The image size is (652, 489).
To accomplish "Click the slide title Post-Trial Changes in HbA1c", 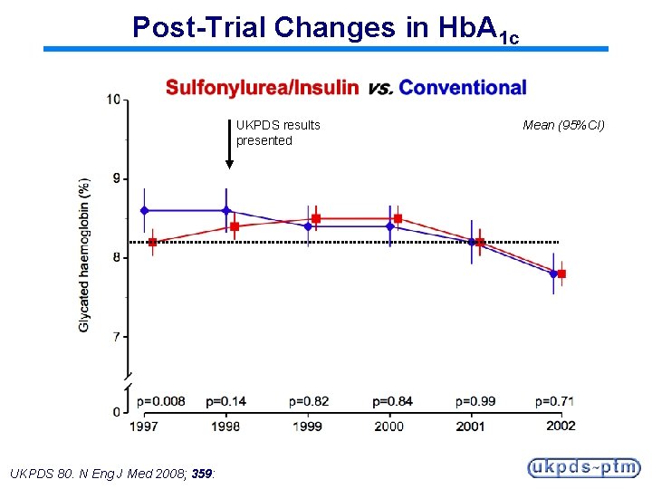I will [x=325, y=28].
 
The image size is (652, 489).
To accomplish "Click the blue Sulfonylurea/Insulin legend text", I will [x=262, y=88].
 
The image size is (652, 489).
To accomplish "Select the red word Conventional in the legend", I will [x=462, y=88].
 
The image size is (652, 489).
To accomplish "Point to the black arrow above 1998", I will [x=229, y=145].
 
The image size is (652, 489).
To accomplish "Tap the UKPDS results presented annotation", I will [x=277, y=132].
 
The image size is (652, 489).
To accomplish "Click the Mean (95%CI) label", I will [x=563, y=125].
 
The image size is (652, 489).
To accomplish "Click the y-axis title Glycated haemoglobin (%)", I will [x=84, y=254].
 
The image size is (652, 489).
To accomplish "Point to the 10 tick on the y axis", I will [x=114, y=99].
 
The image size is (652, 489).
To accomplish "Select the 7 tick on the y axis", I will [x=117, y=337].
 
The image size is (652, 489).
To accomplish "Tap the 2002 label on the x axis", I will [x=561, y=426].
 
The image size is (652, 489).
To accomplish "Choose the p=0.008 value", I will [x=160, y=401].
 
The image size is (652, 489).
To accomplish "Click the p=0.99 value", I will [x=476, y=401].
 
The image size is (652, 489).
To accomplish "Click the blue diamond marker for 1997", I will [x=144, y=210].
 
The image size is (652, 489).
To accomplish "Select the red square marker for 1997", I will [x=152, y=242].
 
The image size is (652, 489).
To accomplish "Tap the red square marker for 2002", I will [x=561, y=273].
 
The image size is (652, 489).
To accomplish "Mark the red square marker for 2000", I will [x=398, y=218].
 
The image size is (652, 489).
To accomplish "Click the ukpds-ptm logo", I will [x=583, y=467].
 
